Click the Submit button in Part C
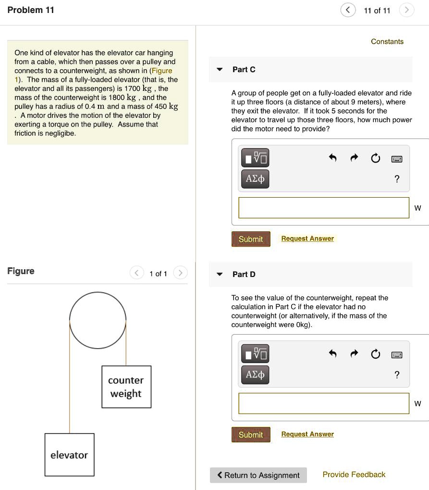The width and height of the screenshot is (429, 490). [x=251, y=239]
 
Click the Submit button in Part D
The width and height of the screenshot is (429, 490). [x=251, y=435]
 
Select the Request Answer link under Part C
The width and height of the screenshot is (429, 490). [x=307, y=239]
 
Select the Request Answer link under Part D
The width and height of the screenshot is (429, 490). [x=307, y=434]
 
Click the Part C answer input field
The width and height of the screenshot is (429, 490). [x=324, y=208]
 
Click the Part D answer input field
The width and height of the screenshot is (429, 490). [x=324, y=403]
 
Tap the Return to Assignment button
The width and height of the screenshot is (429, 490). [x=258, y=475]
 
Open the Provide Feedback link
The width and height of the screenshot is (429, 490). [x=354, y=475]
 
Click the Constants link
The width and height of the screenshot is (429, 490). [x=387, y=41]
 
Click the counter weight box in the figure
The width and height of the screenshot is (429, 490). [x=126, y=387]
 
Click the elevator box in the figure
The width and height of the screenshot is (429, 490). [x=69, y=455]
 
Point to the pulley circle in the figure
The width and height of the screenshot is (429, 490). [x=98, y=320]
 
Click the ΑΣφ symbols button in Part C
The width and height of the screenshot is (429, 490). [x=255, y=179]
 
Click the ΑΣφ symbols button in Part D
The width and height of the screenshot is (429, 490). [x=255, y=375]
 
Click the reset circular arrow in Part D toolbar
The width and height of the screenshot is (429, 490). [x=375, y=354]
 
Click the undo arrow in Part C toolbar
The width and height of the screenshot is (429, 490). [x=332, y=158]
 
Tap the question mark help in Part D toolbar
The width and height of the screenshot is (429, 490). [x=396, y=375]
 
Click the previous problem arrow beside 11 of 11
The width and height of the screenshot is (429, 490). [x=348, y=10]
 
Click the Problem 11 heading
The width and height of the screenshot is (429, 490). [x=31, y=10]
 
